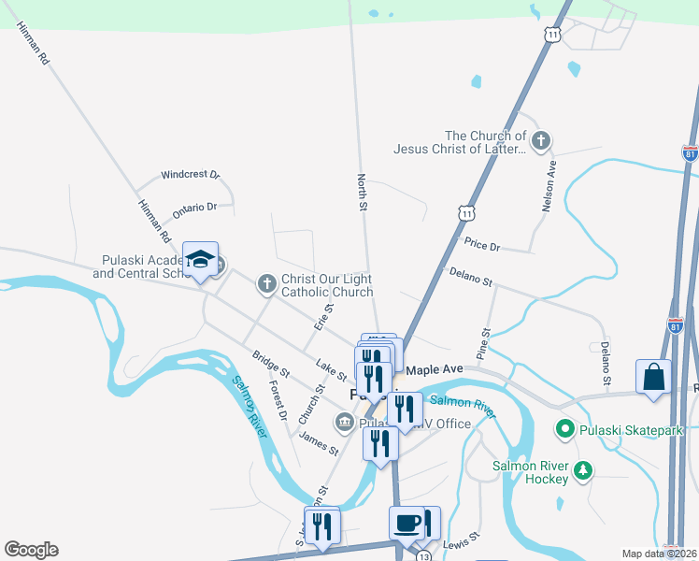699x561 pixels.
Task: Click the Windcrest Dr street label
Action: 190,175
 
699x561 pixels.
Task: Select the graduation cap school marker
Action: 200,260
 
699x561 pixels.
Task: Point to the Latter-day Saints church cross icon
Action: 540,141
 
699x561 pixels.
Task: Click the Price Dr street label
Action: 483,245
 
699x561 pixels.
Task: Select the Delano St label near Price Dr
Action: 470,276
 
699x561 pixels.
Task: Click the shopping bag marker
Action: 653,378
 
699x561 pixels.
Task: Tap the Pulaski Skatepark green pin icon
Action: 564,430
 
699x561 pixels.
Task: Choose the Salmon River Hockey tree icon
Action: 584,469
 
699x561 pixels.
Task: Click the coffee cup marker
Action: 407,524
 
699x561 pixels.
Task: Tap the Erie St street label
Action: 324,317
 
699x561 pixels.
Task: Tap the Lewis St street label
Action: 462,541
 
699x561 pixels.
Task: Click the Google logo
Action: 31,550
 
